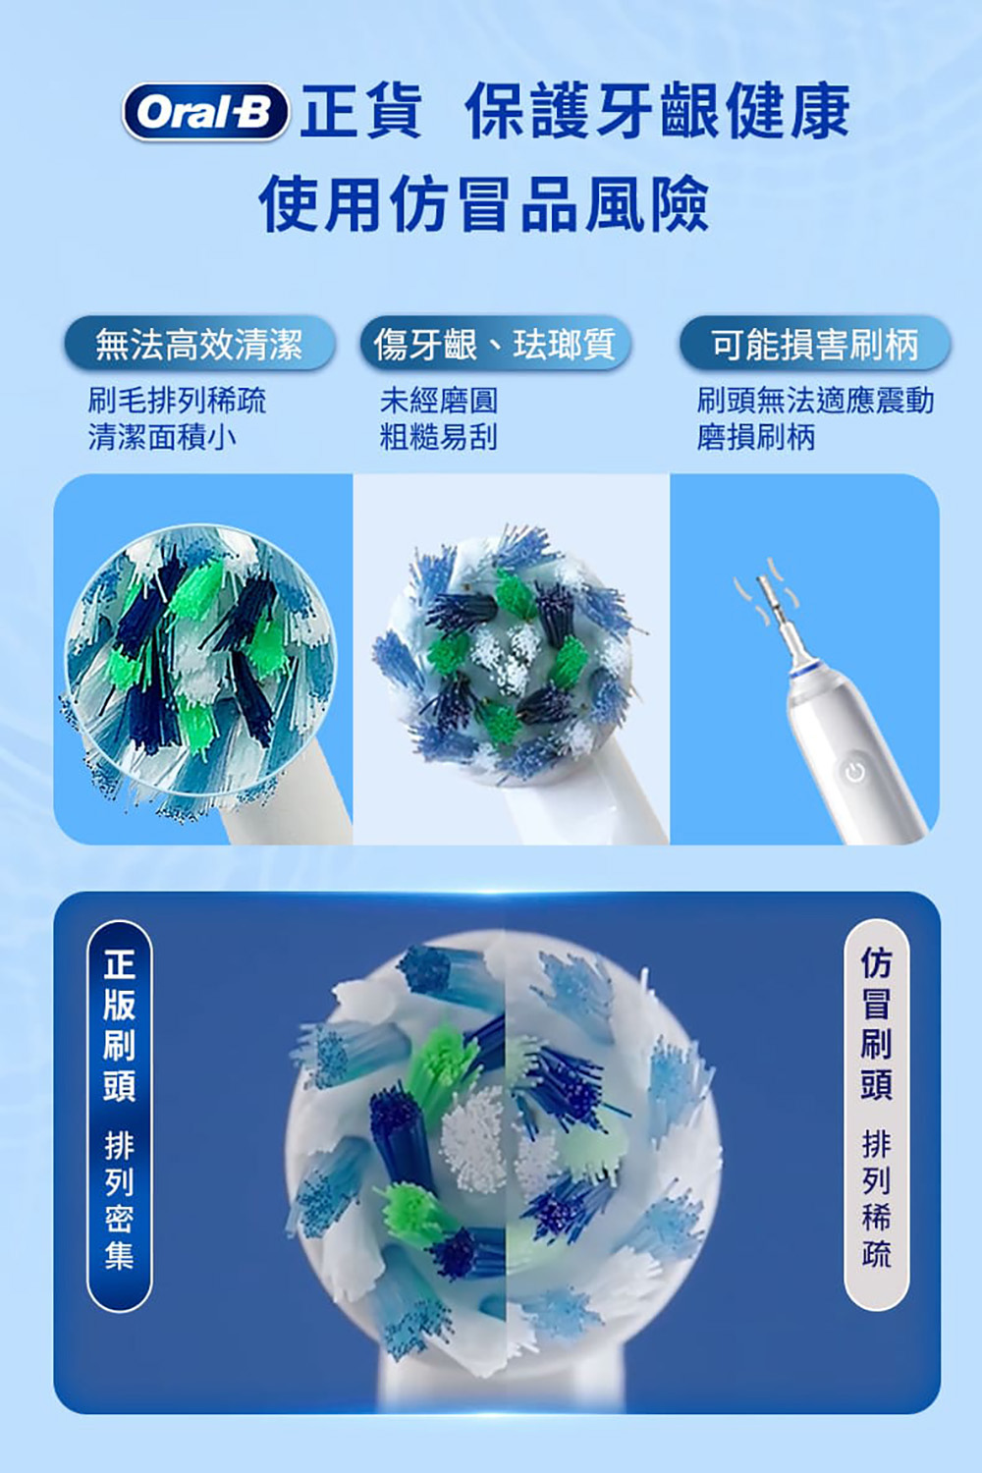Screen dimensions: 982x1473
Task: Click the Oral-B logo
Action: tap(205, 112)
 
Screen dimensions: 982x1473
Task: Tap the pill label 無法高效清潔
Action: tap(199, 344)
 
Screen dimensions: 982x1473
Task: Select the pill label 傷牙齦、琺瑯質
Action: tap(495, 344)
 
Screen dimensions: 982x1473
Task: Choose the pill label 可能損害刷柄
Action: tap(815, 344)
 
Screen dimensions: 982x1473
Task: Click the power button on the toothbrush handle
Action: tap(854, 772)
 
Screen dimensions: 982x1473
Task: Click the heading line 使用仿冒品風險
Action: tap(485, 203)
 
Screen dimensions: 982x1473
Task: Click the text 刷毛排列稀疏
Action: tap(177, 401)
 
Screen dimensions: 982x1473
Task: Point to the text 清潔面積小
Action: tap(162, 437)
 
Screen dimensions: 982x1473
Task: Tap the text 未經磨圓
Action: tap(439, 401)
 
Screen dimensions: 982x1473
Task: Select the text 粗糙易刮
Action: tap(439, 437)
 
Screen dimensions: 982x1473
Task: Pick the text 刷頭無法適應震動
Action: tap(815, 401)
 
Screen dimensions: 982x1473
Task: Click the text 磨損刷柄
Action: tap(756, 437)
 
